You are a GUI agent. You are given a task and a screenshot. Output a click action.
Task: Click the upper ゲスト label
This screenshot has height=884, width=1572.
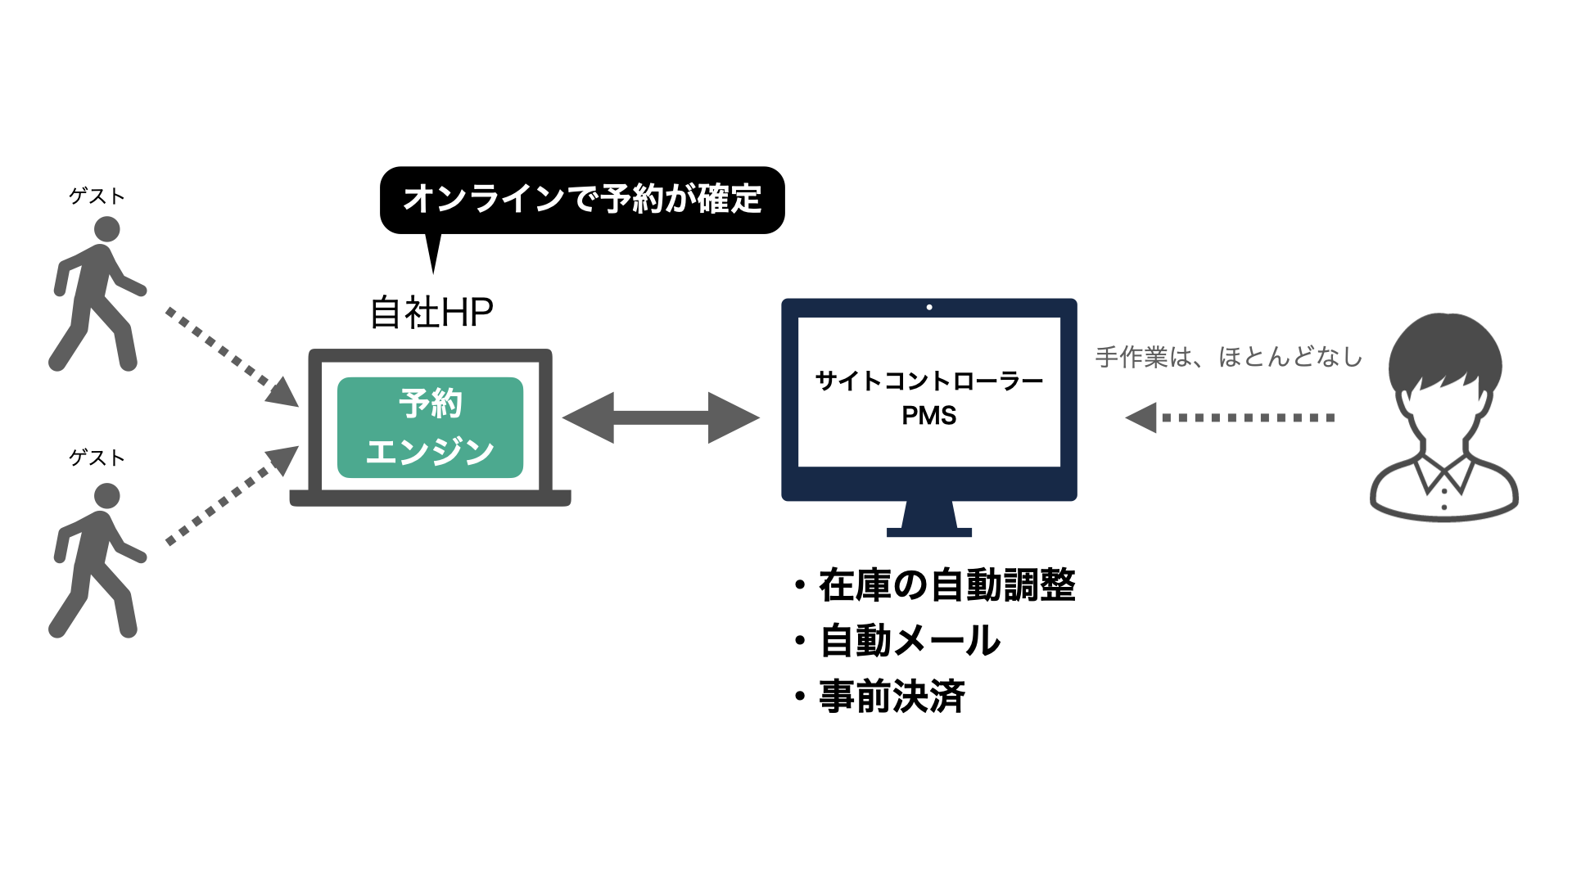point(97,196)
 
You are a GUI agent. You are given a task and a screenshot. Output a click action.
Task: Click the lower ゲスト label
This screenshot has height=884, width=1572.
point(97,458)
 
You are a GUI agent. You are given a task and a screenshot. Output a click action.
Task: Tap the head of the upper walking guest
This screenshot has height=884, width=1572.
point(106,229)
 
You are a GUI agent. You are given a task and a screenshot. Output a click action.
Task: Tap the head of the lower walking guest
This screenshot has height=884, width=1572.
point(106,496)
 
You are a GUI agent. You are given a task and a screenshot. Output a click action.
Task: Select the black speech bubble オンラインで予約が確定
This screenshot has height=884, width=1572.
point(582,199)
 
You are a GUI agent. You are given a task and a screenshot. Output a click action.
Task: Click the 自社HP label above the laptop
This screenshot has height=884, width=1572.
point(431,313)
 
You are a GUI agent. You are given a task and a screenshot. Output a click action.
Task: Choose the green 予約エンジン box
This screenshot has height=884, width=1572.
point(430,427)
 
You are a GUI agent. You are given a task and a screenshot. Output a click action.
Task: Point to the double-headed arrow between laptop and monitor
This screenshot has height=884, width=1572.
point(661,417)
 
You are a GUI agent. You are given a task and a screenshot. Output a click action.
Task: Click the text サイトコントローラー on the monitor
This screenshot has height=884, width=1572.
point(929,381)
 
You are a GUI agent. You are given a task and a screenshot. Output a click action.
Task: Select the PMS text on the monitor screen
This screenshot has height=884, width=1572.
point(929,416)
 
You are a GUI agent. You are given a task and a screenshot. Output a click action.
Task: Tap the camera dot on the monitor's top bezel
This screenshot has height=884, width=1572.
point(929,307)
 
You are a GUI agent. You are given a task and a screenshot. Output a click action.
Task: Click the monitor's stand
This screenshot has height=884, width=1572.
point(929,519)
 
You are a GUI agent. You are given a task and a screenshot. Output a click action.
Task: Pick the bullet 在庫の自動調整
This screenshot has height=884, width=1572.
point(946,585)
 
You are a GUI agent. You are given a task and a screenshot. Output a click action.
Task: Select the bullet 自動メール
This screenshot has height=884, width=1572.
point(910,641)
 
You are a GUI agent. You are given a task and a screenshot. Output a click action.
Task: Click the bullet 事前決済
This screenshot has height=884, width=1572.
point(892,697)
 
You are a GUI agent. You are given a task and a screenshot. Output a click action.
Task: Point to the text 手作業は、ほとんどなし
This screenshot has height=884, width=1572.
point(1228,357)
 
